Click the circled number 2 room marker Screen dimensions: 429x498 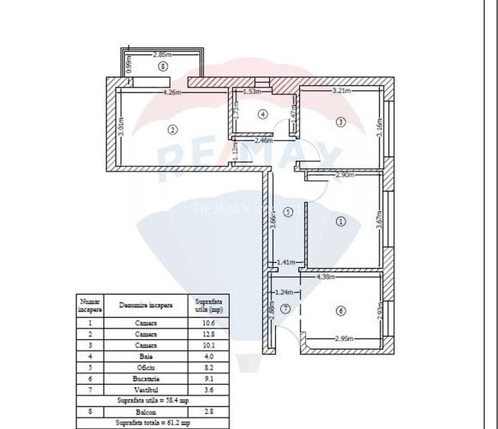coord(173,130)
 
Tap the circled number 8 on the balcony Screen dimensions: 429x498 coord(163,66)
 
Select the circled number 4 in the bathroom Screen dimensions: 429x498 coord(262,114)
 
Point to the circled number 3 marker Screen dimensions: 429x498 coord(341,122)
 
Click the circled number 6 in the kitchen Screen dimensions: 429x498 coord(340,310)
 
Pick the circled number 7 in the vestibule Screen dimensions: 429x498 coord(285,308)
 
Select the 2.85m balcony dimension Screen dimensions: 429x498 coord(162,54)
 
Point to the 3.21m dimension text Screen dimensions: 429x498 coord(341,91)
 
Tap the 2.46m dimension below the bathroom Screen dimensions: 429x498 coord(264,140)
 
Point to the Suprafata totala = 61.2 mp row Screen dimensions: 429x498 coord(153,422)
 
